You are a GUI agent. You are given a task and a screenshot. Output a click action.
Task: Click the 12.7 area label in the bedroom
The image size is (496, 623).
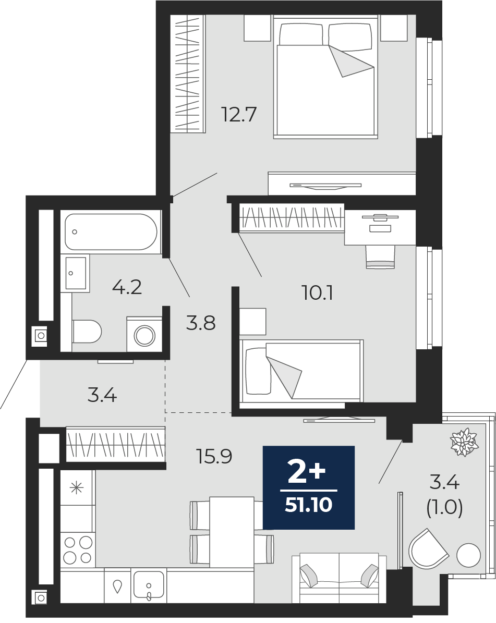coord(239,114)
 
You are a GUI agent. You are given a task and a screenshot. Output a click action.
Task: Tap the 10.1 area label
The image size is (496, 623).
coord(317,293)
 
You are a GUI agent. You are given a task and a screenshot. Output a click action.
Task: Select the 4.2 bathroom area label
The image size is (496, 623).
coord(127,287)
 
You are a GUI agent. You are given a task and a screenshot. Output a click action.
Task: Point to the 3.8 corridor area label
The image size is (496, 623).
coord(201,323)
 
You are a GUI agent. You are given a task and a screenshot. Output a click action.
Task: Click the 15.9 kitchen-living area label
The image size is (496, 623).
coord(214,456)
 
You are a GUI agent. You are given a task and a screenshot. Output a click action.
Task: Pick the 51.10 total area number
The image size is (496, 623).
coord(308,505)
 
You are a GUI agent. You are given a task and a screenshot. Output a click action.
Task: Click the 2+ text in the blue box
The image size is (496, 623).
coord(307,473)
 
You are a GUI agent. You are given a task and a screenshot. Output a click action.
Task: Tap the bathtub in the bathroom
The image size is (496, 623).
coord(111,232)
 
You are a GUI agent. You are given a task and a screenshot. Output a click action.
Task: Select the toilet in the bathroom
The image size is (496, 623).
coord(87,332)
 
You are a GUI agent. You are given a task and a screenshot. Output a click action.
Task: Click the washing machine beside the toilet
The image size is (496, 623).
coord(144,334)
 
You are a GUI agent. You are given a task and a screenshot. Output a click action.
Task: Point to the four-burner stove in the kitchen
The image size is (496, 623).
coord(78,550)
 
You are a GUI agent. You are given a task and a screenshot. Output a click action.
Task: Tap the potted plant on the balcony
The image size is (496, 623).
coord(463,442)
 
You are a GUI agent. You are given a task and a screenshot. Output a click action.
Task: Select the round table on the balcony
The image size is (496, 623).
coord(469,555)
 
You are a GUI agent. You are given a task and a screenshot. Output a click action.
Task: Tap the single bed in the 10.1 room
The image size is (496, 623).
coord(301,371)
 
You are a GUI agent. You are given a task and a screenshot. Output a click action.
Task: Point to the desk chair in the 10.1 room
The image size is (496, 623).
coord(380,256)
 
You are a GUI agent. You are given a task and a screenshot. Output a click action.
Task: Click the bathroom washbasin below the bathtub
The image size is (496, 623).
coord(75,273)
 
